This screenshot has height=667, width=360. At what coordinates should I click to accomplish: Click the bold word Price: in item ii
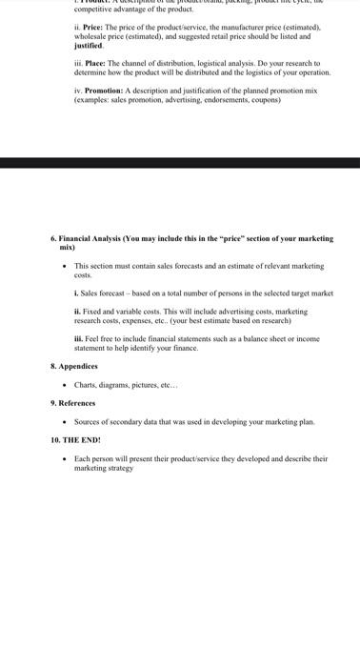93,28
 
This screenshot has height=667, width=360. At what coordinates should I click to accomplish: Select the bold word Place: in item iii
95,63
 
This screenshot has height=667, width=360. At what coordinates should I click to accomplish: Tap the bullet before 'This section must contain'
63,266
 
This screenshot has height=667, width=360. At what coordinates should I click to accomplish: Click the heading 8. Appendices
73,366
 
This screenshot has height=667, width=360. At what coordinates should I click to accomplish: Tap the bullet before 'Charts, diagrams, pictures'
63,385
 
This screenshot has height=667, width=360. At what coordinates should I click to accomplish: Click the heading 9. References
72,403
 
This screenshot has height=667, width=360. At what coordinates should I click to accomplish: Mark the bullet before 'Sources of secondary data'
63,421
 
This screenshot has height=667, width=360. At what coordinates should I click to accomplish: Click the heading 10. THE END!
75,440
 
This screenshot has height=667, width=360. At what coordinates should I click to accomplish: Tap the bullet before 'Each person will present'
63,458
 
